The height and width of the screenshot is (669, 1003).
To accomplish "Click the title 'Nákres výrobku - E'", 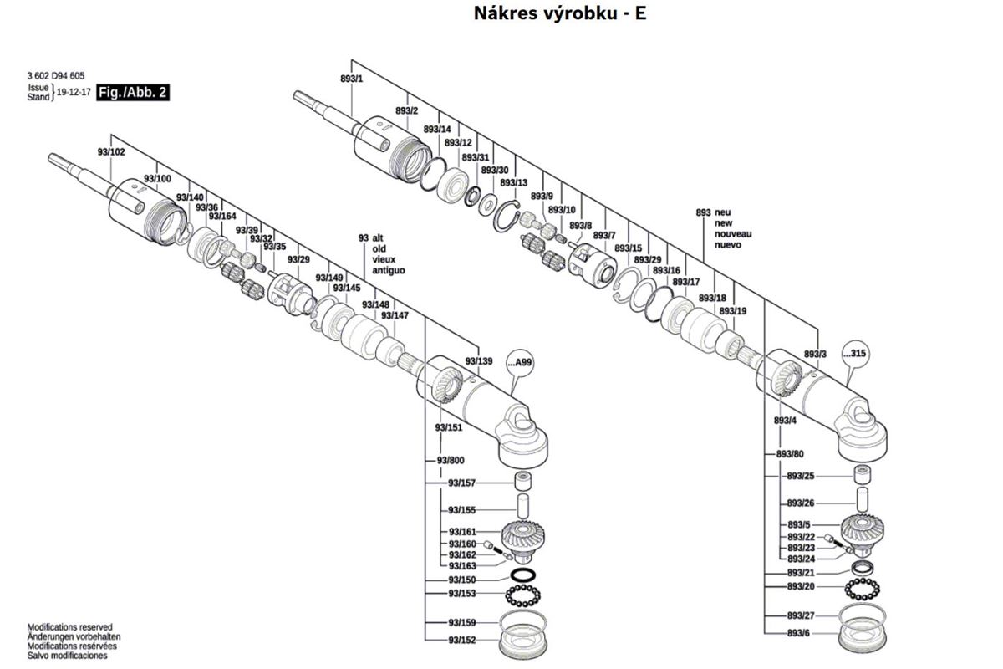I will (x=561, y=13).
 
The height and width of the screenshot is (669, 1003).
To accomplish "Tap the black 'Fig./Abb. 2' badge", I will (x=134, y=93).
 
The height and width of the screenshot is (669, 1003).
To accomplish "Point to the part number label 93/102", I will (x=111, y=152).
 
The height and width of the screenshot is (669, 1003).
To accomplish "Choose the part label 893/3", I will (x=815, y=355).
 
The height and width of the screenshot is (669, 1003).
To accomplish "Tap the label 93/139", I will (x=479, y=361).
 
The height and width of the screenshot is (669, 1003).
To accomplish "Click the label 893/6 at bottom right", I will (x=798, y=634).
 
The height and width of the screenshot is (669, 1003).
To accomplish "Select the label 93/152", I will (x=461, y=641).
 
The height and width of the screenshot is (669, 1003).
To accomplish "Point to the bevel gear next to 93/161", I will (x=523, y=535).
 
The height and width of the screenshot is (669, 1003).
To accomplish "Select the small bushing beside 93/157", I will (x=524, y=483).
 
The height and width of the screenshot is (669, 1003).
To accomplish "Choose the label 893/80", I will (x=790, y=453).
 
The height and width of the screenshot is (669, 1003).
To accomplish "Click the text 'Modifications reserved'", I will (x=70, y=627).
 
